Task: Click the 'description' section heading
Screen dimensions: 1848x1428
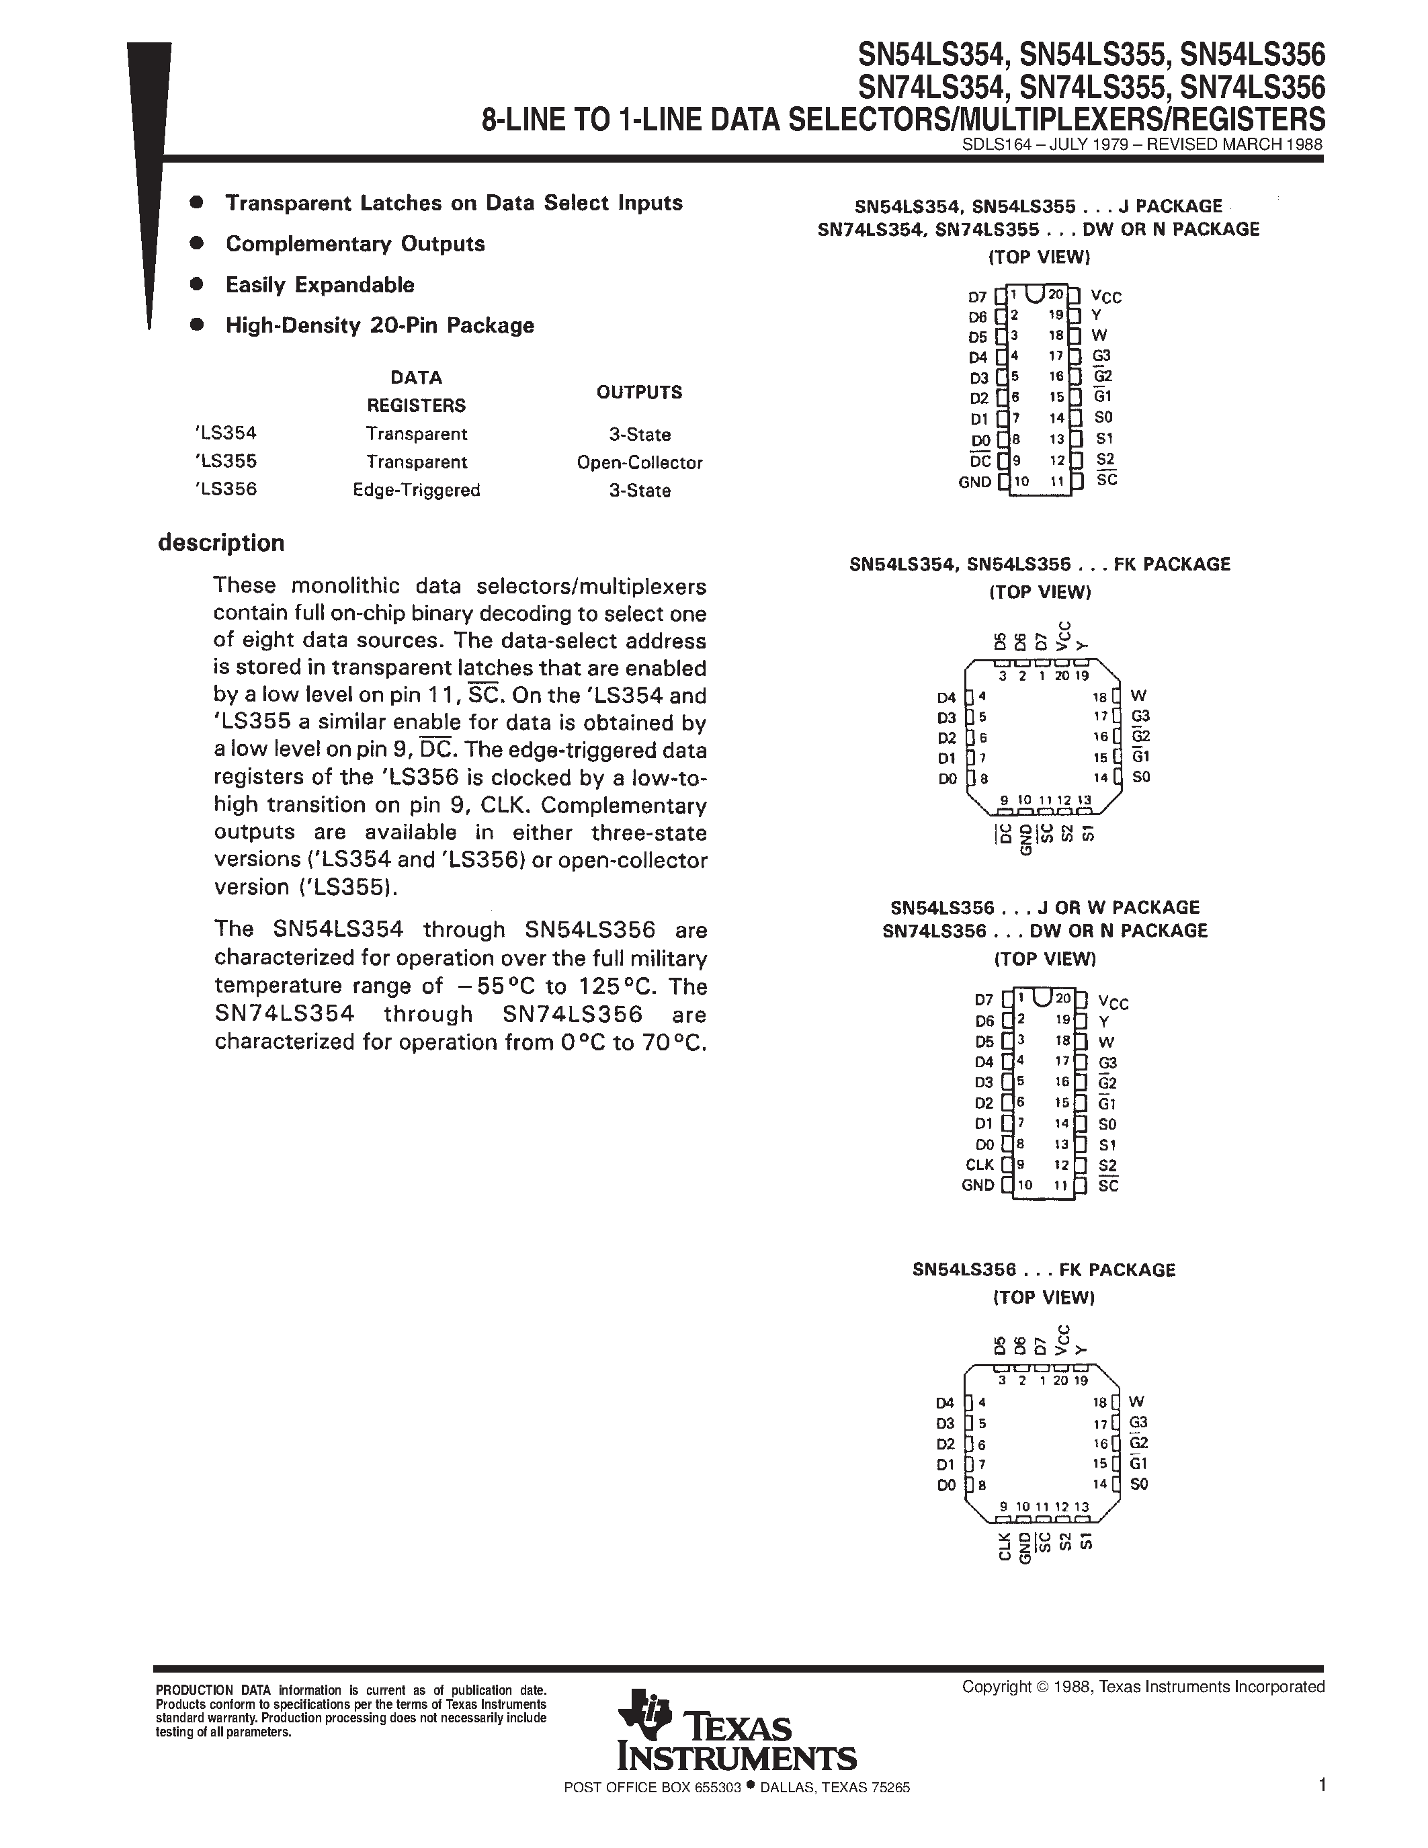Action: (x=221, y=542)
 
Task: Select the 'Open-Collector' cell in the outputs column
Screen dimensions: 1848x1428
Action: (x=640, y=463)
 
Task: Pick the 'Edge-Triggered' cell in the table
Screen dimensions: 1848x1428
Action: (x=416, y=490)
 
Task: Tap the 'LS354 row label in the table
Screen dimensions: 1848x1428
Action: (x=225, y=433)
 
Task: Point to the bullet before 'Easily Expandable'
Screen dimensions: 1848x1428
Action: (x=197, y=284)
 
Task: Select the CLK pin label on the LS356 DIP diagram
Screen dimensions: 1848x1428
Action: (x=980, y=1165)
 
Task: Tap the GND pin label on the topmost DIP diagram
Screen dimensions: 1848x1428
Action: (x=974, y=481)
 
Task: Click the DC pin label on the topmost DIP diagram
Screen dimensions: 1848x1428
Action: (x=980, y=461)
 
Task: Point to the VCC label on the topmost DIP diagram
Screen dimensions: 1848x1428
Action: (x=1105, y=296)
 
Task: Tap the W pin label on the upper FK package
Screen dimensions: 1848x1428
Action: (x=1138, y=696)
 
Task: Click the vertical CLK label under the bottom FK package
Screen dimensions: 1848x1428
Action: (x=1004, y=1545)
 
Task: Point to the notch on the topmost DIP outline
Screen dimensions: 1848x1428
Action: (x=1034, y=293)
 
